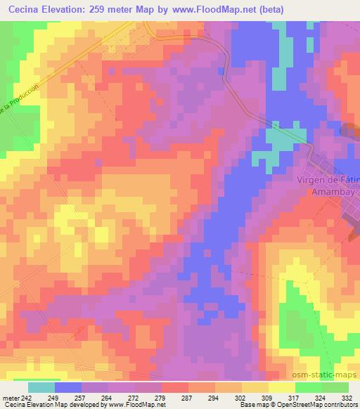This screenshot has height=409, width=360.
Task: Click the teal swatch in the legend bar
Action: [41, 387]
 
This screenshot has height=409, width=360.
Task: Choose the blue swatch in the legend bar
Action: [69, 387]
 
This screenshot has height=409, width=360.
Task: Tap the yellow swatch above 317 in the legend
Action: [282, 387]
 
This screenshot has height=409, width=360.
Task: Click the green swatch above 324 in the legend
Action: [309, 387]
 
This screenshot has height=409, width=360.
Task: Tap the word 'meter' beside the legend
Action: [11, 397]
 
